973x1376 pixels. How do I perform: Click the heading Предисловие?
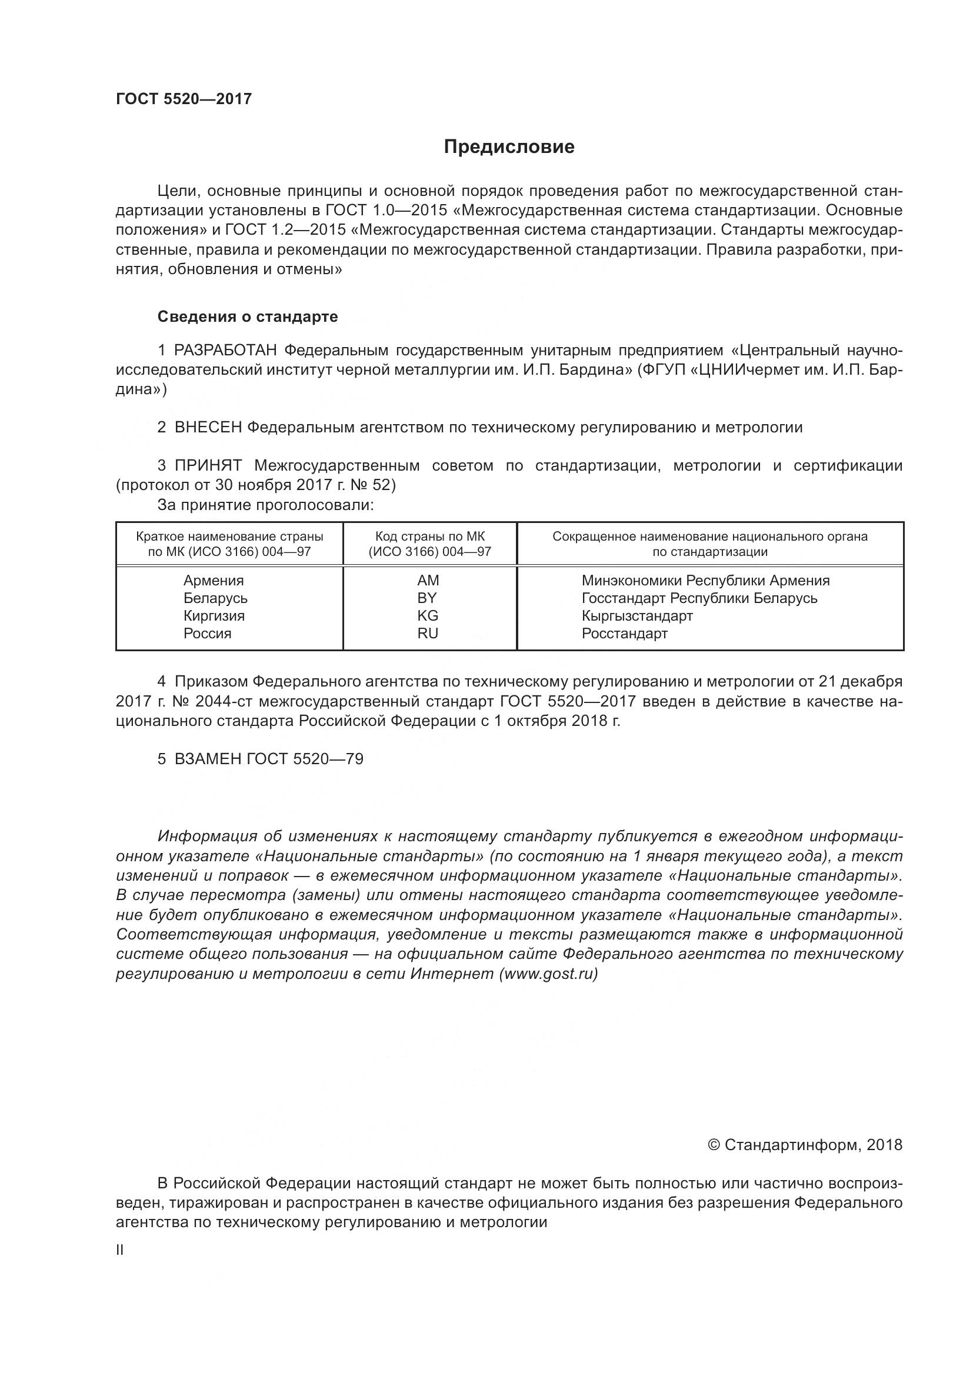[x=509, y=147]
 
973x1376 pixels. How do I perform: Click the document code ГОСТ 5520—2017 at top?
[x=184, y=99]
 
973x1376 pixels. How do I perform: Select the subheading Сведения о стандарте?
[x=248, y=316]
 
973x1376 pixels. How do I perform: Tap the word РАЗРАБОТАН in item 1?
[x=225, y=350]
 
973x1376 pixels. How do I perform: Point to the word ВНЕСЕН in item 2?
[x=208, y=427]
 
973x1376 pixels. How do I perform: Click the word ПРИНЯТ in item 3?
[x=208, y=465]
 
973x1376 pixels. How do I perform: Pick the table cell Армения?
[x=214, y=580]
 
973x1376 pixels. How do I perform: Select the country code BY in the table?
[x=427, y=598]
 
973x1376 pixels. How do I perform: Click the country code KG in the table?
[x=428, y=615]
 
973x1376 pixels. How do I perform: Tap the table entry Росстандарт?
[x=624, y=634]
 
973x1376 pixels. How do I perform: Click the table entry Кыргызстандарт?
[x=637, y=615]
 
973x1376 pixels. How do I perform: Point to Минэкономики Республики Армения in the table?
[x=705, y=580]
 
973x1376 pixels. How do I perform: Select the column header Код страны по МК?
[x=429, y=537]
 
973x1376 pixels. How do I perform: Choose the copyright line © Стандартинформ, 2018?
[x=805, y=1145]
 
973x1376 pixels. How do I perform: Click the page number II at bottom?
[x=120, y=1250]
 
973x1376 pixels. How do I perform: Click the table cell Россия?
[x=207, y=634]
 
